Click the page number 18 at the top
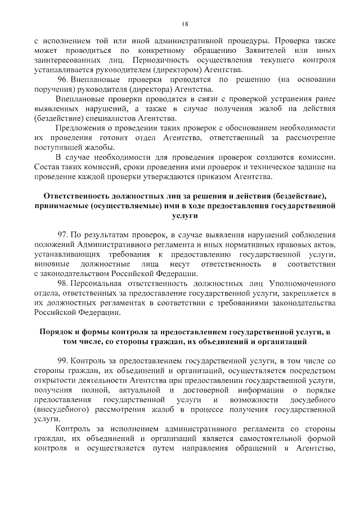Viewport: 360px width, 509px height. (x=184, y=23)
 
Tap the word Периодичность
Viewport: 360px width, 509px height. (x=161, y=60)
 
